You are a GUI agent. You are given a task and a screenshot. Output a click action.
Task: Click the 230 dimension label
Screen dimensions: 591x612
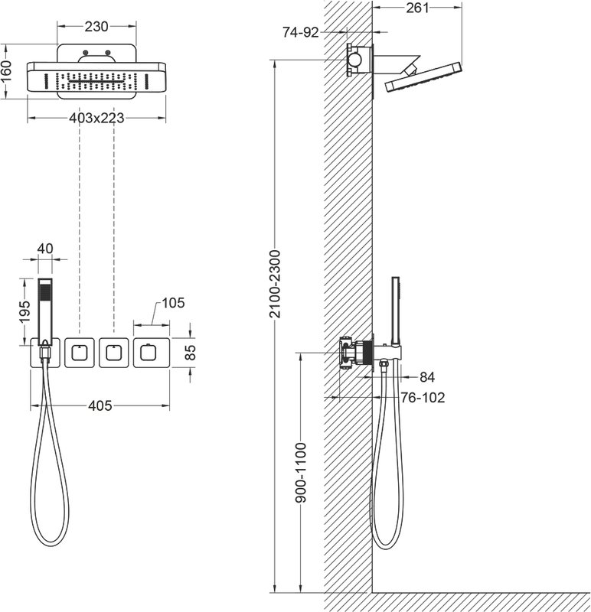point(96,27)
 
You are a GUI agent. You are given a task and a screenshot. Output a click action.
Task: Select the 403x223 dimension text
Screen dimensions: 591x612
point(96,118)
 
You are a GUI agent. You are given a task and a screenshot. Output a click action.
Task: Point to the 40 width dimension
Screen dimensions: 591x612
point(45,249)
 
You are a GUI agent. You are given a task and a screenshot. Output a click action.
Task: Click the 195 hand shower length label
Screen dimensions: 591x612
point(24,311)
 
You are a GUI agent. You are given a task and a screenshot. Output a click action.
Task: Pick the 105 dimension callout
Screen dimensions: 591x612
point(173,303)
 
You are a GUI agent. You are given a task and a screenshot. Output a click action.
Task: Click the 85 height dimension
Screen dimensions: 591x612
point(190,352)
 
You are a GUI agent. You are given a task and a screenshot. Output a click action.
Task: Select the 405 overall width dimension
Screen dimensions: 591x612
point(100,406)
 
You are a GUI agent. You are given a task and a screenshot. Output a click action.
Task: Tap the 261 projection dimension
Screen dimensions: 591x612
point(417,8)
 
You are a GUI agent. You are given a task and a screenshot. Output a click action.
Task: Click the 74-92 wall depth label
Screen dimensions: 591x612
point(301,32)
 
